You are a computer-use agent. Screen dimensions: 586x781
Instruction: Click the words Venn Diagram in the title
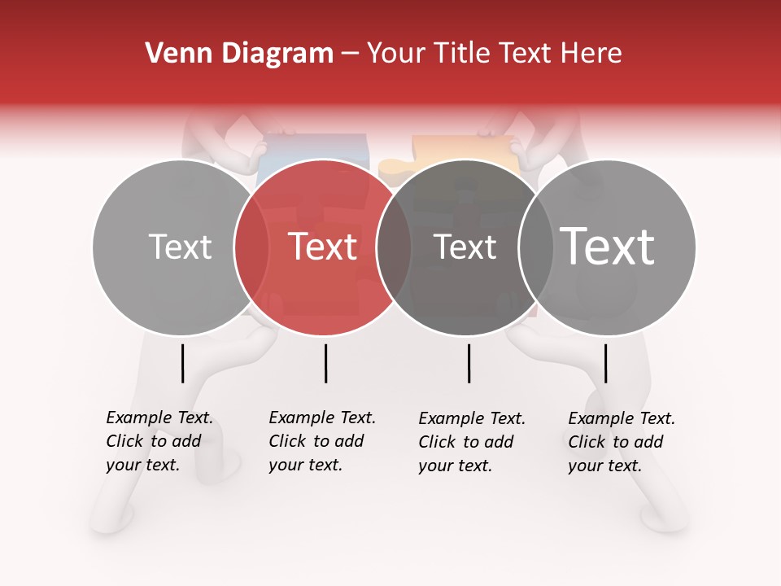(239, 54)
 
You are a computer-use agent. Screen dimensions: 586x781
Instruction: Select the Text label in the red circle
(323, 247)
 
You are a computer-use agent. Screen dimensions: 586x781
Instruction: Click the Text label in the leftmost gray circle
(180, 247)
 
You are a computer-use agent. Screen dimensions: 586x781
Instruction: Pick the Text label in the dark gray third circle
(465, 247)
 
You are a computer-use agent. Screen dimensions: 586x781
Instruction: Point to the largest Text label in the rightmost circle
(608, 246)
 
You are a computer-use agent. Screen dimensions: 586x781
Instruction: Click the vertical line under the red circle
(325, 363)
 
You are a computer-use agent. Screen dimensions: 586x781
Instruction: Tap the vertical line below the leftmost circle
(183, 363)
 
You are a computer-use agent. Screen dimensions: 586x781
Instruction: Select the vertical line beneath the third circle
(469, 363)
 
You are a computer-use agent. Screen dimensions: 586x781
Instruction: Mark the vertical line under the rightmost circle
(605, 363)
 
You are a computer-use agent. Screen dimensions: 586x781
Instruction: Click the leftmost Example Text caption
(159, 441)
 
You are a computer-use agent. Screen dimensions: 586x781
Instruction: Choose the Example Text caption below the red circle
(322, 441)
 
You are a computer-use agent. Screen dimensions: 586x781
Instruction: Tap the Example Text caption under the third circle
(472, 442)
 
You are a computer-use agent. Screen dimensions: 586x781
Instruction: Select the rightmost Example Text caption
(622, 442)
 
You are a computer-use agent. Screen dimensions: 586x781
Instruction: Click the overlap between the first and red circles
(251, 247)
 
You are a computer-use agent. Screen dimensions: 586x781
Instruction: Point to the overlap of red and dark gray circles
(394, 247)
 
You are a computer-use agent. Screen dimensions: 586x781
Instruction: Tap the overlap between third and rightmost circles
(535, 247)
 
